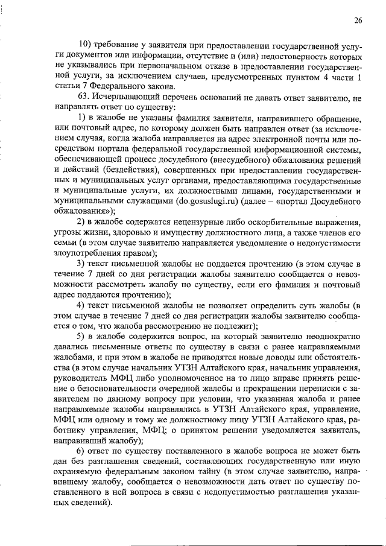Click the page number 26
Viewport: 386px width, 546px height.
[x=358, y=21]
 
